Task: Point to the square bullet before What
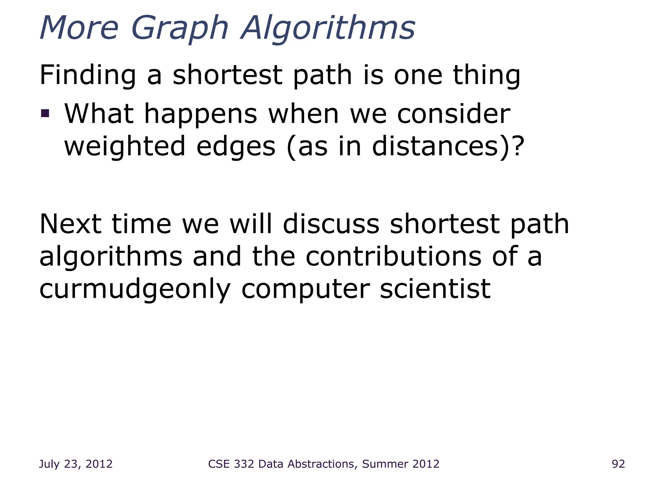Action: tap(45, 113)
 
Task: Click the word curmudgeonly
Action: tap(135, 290)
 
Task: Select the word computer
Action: tap(305, 290)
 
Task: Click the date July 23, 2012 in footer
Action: tap(76, 464)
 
